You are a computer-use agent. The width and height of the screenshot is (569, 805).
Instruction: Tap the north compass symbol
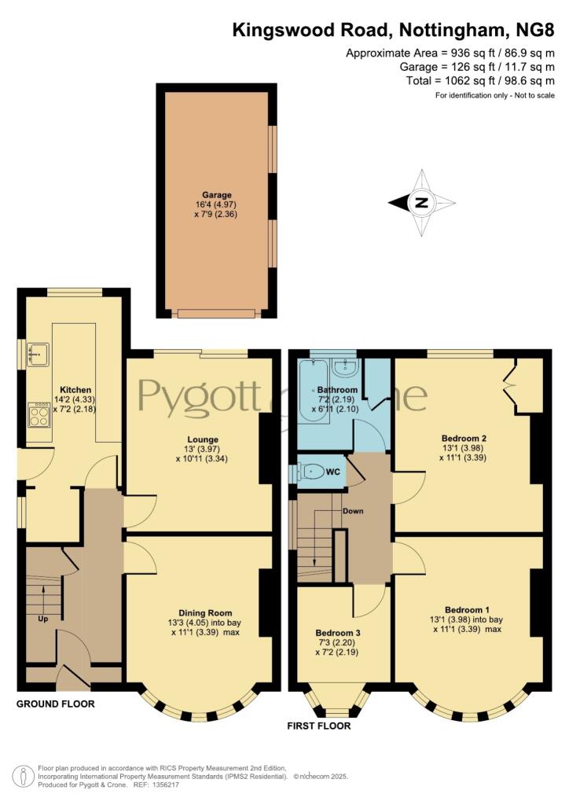(422, 202)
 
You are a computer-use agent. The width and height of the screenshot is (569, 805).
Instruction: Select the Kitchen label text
(75, 390)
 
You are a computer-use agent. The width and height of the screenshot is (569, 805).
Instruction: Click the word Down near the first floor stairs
(353, 511)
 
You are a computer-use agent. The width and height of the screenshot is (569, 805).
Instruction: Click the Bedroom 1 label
(467, 609)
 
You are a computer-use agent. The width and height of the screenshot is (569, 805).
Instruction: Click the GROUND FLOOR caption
(56, 704)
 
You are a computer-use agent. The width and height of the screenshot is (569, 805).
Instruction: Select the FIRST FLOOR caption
(319, 726)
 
